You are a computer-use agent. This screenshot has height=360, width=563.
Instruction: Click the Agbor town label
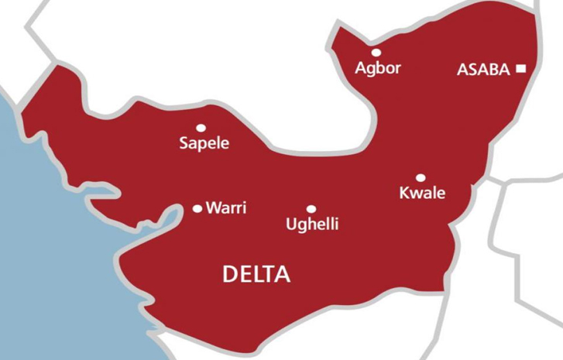click(x=378, y=68)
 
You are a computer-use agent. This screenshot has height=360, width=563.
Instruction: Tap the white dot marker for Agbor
click(x=376, y=53)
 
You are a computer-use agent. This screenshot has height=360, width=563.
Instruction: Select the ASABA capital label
click(x=483, y=70)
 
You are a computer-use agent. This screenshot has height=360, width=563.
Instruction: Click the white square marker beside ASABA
click(x=521, y=69)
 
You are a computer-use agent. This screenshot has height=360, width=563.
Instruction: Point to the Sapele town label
click(x=204, y=144)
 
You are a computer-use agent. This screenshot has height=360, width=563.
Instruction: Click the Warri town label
click(x=226, y=208)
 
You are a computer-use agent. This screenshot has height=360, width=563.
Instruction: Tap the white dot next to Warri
click(x=197, y=208)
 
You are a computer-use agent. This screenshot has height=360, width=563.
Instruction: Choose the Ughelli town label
click(x=312, y=225)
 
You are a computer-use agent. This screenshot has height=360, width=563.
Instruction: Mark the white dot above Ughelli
click(x=311, y=209)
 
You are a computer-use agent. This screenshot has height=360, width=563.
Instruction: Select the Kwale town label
click(x=422, y=193)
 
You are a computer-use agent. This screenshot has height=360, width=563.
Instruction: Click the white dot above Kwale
click(x=421, y=178)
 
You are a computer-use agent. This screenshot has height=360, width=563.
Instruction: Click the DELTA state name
click(x=256, y=274)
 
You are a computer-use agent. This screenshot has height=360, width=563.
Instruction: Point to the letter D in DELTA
click(x=230, y=274)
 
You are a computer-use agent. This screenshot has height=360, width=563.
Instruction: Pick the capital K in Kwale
click(x=403, y=193)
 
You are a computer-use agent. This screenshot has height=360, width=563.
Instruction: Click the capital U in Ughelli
click(x=291, y=225)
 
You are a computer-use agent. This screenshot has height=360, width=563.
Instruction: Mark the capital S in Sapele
click(x=184, y=143)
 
